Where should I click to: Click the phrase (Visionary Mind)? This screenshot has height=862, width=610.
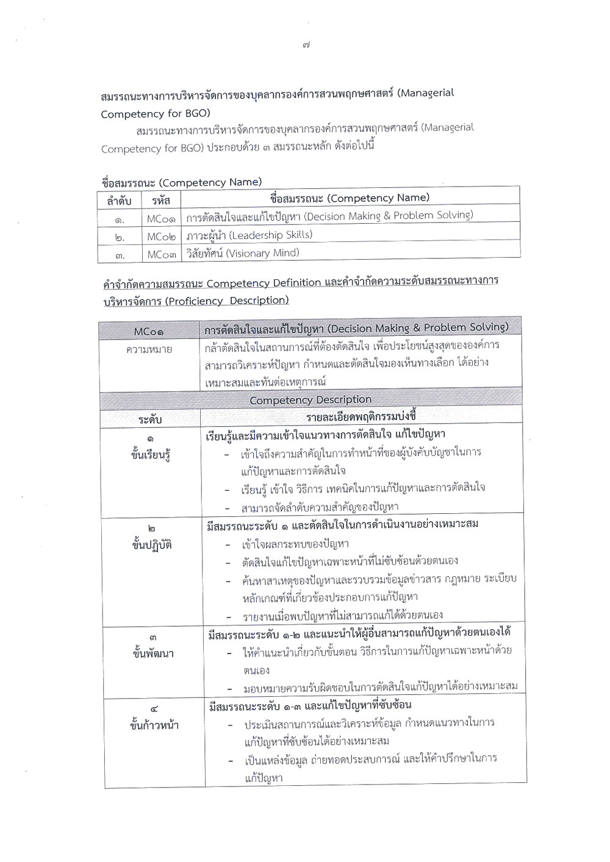click(x=262, y=253)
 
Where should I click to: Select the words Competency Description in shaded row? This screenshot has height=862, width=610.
click(x=310, y=400)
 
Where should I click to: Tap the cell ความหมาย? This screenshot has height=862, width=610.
click(x=149, y=350)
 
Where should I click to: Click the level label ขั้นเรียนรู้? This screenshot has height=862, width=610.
click(x=150, y=454)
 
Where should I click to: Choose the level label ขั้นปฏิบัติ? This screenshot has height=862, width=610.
click(x=151, y=545)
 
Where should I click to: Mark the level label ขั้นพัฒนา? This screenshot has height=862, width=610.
click(x=152, y=654)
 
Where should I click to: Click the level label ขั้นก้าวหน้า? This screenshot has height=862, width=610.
click(x=154, y=725)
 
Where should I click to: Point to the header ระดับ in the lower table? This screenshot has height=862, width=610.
click(x=149, y=419)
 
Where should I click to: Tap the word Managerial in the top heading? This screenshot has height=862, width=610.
click(x=428, y=93)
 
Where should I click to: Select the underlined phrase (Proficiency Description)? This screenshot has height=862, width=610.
click(x=226, y=301)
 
